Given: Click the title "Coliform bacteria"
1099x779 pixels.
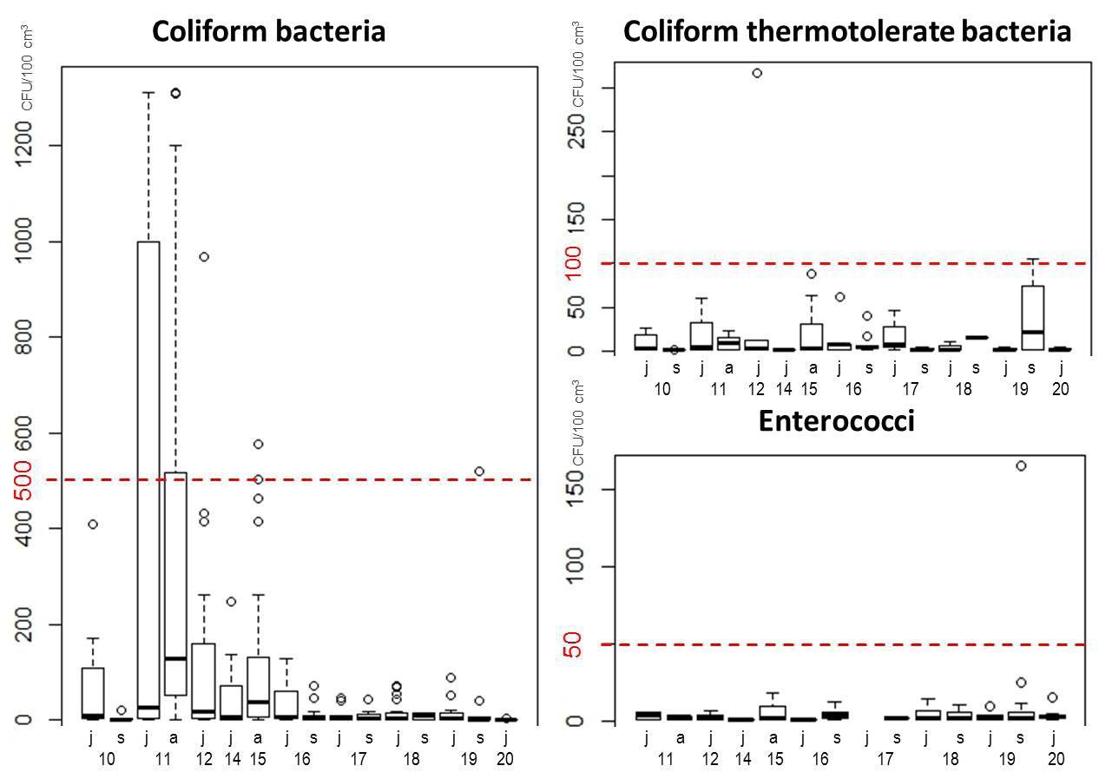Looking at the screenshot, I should click(x=268, y=32).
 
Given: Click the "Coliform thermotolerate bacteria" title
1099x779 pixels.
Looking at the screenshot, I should click(x=847, y=32).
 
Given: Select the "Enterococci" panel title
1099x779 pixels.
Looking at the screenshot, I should click(x=836, y=421).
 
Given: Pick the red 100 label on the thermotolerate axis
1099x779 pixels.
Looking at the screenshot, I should click(x=574, y=263).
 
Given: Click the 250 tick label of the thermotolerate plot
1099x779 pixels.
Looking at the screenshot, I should click(x=574, y=131).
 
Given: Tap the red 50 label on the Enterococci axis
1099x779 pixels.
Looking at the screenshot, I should click(x=574, y=644).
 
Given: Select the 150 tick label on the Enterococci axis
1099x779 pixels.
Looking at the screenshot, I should click(x=574, y=490).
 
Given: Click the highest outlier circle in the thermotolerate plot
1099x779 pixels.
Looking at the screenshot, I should click(x=757, y=73).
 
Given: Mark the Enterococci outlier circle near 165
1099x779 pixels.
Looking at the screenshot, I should click(x=1021, y=466).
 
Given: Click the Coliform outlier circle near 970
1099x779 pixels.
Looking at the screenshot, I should click(x=203, y=257).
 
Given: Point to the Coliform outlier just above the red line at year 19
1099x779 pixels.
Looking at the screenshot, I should click(x=479, y=472).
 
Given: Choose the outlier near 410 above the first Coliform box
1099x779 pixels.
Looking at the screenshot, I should click(x=93, y=525).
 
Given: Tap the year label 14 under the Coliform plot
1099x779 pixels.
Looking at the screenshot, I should click(x=232, y=759).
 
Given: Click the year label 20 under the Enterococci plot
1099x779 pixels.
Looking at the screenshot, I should click(x=1056, y=759).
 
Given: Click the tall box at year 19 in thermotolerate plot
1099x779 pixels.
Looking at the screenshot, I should click(x=1031, y=317).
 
